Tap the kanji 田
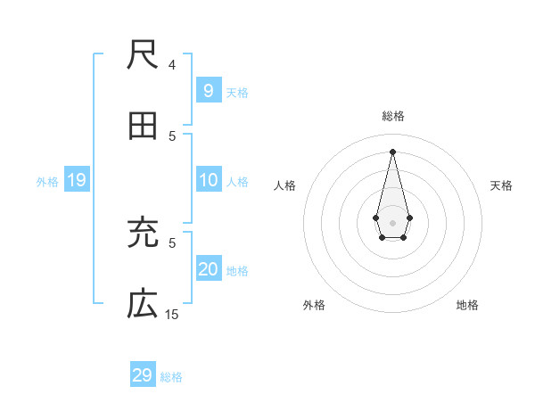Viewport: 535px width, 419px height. tap(143, 127)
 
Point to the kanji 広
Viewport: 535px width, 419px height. tap(143, 305)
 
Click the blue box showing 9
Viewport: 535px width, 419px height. tap(208, 91)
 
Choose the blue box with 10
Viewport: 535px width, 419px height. tap(208, 181)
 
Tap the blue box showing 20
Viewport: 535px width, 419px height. tap(208, 270)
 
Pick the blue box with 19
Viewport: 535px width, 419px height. tap(76, 181)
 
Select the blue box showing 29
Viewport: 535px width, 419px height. tap(143, 375)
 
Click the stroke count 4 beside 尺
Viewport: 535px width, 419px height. tap(172, 64)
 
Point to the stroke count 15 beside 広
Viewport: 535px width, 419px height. tap(172, 314)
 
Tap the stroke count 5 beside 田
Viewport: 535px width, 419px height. tap(172, 136)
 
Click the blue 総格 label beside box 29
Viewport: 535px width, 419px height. tap(171, 377)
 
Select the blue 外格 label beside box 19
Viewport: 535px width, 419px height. tap(47, 182)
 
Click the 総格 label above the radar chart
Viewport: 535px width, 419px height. tap(393, 116)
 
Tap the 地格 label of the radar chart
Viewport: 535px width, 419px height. tap(467, 305)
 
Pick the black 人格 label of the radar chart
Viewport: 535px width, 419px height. tap(285, 185)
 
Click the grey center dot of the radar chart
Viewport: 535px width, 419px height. tap(392, 222)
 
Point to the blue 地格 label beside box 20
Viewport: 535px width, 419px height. tap(237, 271)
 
